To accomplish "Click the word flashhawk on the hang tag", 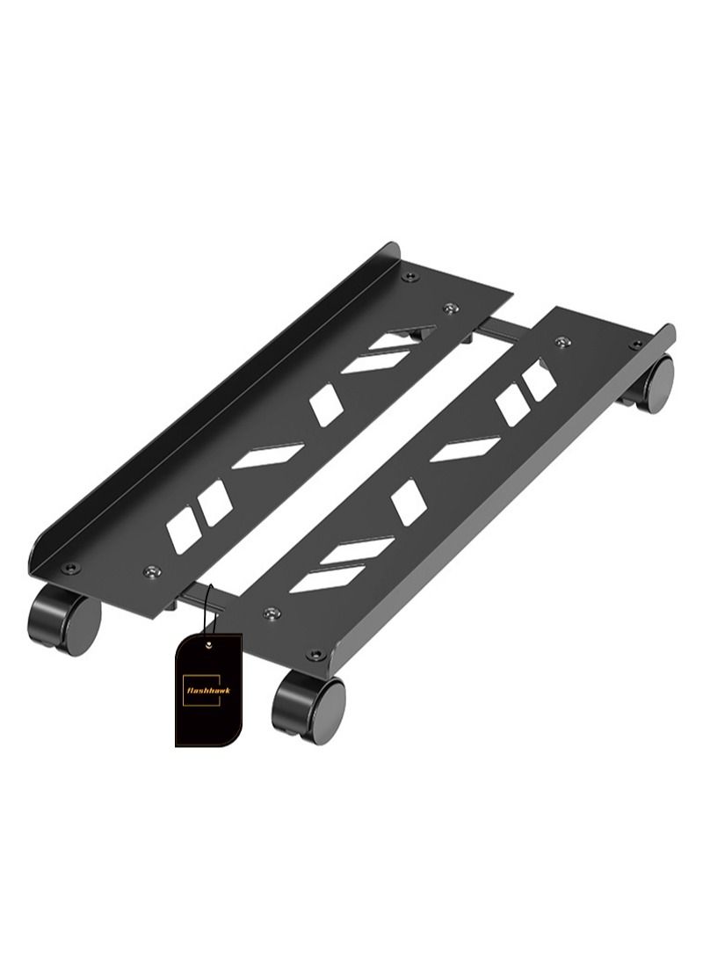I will (207, 691).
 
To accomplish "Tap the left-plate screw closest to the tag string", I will (153, 571).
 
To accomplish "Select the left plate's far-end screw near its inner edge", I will (450, 308).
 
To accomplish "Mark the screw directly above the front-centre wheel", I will (315, 655).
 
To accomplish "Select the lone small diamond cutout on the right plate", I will (409, 502).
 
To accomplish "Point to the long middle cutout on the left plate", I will (268, 455).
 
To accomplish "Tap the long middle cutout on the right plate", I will (466, 449).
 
